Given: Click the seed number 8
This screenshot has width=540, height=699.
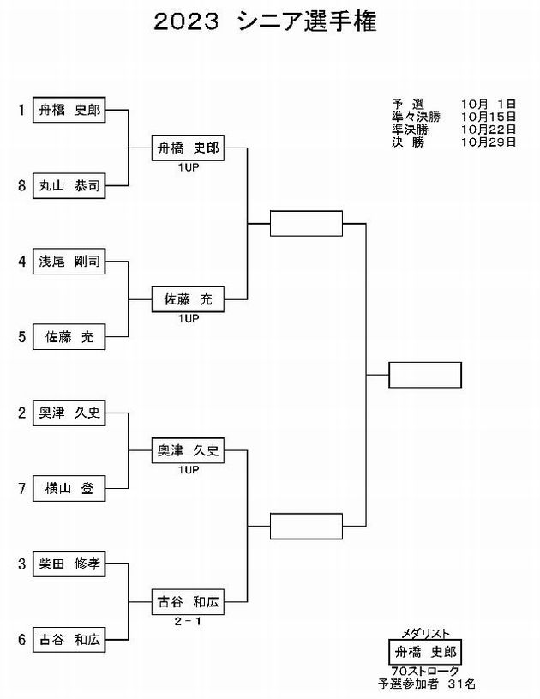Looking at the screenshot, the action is click(x=21, y=185).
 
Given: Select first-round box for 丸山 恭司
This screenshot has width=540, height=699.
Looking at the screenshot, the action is click(x=69, y=185).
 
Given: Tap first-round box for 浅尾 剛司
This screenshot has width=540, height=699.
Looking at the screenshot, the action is click(x=69, y=262).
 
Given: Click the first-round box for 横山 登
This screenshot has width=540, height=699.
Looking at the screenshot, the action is click(x=69, y=489).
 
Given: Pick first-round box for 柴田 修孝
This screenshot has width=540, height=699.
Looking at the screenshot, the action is click(x=69, y=564).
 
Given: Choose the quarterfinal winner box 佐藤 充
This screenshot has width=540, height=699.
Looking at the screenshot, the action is click(x=188, y=299).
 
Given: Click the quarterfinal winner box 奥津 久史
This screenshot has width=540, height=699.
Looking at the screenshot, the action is click(x=188, y=450).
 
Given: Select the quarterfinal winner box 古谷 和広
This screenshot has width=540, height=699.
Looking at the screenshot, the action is click(x=188, y=602).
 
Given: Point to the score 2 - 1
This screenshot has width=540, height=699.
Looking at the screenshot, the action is click(x=188, y=621).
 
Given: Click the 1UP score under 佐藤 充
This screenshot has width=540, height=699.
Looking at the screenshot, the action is click(x=189, y=318).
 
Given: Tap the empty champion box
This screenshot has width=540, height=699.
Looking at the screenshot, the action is click(x=425, y=375).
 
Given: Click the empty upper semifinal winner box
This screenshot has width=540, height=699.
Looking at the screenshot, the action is click(x=306, y=223).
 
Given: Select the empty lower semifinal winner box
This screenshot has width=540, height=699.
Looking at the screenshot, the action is click(x=306, y=526).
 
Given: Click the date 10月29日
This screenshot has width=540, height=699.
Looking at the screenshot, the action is click(x=489, y=142).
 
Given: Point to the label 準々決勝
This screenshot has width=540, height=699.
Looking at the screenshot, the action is click(x=416, y=117).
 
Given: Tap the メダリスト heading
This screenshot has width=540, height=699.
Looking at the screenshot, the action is click(x=425, y=634).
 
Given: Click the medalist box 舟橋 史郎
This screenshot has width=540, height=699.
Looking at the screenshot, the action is click(x=425, y=652).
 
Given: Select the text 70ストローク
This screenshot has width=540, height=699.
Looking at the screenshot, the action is click(x=425, y=671).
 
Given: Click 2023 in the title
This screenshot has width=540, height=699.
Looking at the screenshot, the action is click(x=186, y=21).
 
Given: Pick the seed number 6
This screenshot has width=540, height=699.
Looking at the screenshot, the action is click(x=21, y=640).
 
